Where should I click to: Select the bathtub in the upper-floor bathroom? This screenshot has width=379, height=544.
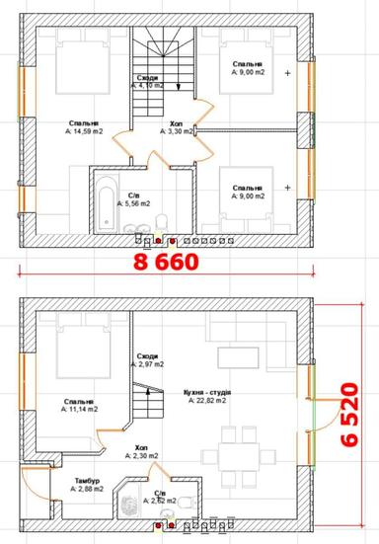click(105, 202)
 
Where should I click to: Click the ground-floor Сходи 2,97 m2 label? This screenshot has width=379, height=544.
click(147, 361)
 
